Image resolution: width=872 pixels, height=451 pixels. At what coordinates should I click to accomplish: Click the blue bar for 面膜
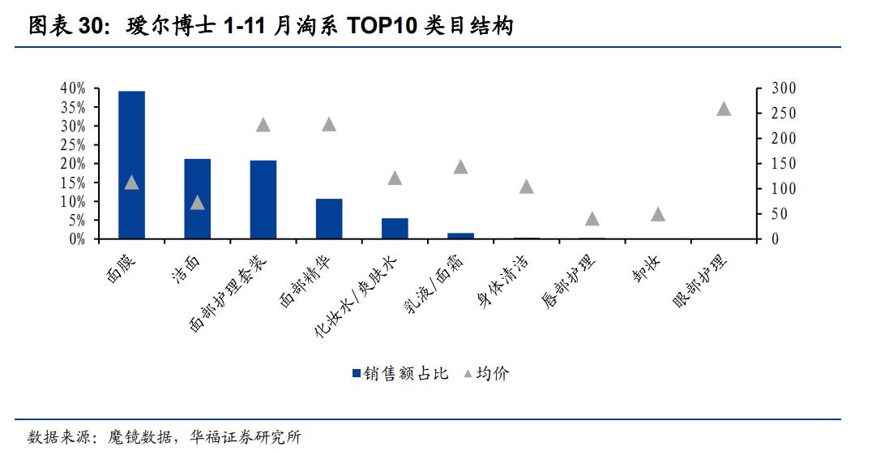[x=131, y=165]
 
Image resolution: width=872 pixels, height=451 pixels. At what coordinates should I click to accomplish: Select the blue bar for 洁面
[x=197, y=199]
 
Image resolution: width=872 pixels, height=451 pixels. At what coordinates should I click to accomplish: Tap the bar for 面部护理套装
[x=263, y=200]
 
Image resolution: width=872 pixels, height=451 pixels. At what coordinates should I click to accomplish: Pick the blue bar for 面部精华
[x=329, y=219]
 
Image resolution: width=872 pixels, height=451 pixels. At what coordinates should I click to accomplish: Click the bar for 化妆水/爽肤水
[x=395, y=229]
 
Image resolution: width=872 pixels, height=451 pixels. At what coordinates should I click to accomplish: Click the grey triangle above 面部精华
[x=329, y=125]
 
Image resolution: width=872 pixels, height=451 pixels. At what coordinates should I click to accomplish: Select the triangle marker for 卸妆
[x=658, y=215]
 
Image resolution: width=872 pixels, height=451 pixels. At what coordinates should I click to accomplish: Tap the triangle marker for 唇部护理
[x=592, y=219]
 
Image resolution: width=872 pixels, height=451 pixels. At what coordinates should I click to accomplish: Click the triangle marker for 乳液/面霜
[x=460, y=167]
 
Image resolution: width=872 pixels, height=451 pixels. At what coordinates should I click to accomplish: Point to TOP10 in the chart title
[x=378, y=27]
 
